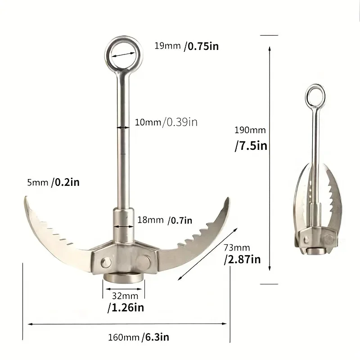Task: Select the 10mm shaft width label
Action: [149, 121]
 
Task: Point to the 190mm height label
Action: [250, 130]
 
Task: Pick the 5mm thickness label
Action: [37, 182]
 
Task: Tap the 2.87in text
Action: [243, 260]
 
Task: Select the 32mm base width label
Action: [122, 296]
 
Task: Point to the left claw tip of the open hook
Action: [24, 199]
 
